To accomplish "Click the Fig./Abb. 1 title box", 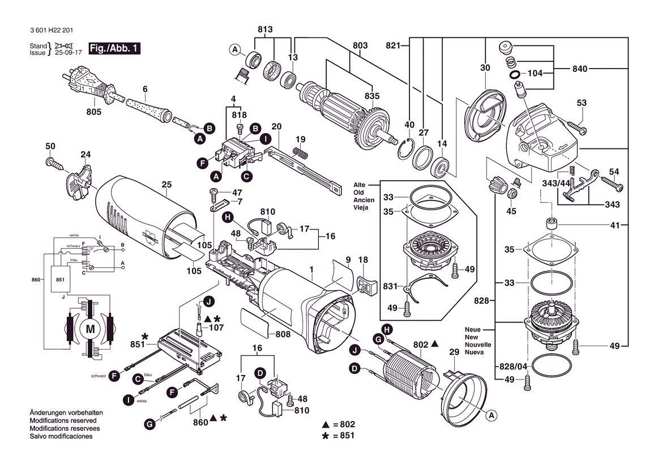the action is [114, 48].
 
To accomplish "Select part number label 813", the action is [265, 29].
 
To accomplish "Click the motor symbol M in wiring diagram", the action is [91, 329].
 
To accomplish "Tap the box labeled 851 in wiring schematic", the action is [61, 279].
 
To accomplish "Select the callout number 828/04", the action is [514, 367].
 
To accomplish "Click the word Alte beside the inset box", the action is [359, 185].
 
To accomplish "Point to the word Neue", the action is [472, 329].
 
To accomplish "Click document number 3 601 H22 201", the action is [52, 31].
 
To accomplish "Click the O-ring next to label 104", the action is [514, 74].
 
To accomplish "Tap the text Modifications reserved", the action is [63, 421].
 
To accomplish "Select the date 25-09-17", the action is [67, 53].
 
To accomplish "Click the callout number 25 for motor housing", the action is [166, 185].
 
